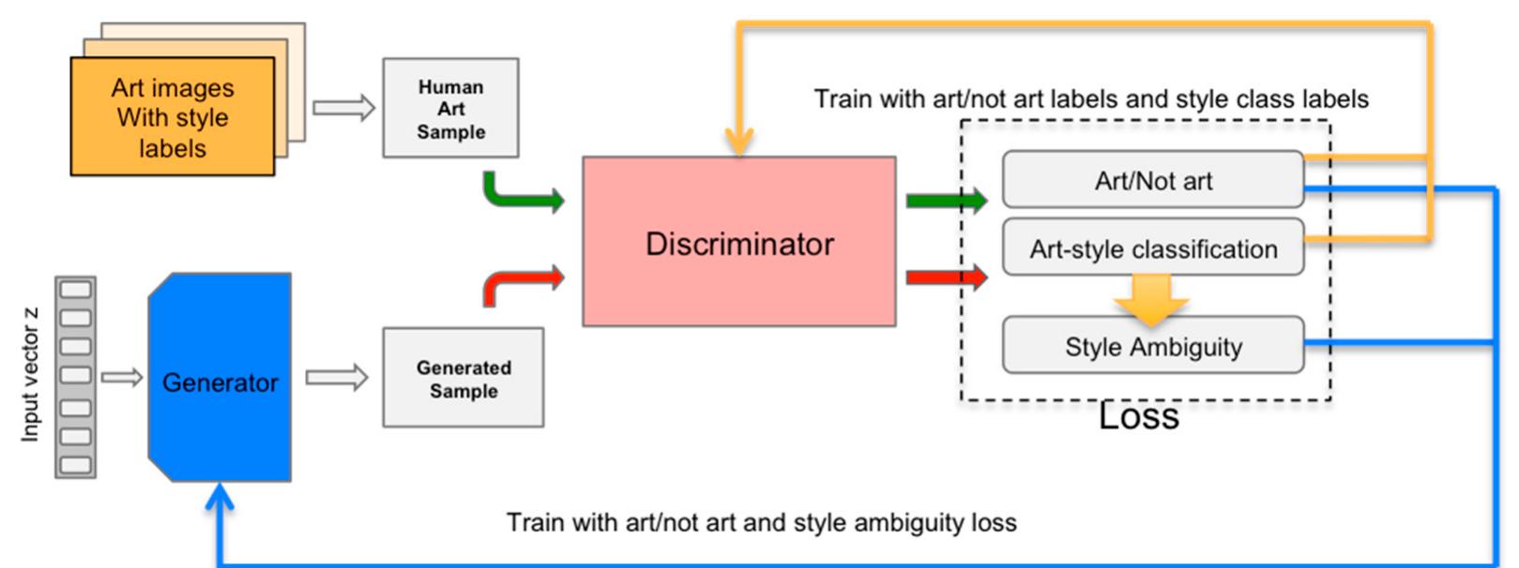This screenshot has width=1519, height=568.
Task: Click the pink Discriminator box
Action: click(738, 242)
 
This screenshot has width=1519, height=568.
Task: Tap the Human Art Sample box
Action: click(450, 108)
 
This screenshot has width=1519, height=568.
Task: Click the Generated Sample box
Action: click(463, 378)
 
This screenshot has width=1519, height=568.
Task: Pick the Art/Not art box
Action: click(1152, 180)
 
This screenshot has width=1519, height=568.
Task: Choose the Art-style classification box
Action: click(1152, 248)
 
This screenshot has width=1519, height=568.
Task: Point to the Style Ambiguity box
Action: click(1152, 346)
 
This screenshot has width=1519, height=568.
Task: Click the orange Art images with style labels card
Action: click(173, 117)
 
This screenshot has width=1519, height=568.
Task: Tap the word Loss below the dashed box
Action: click(1138, 417)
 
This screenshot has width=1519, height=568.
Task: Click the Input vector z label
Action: click(30, 375)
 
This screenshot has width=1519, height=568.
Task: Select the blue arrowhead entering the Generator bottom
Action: click(220, 497)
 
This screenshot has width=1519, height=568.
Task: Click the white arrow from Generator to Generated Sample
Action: click(336, 378)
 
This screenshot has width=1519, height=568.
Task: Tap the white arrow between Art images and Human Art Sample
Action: click(343, 108)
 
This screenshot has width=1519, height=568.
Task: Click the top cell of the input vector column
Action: click(76, 290)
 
